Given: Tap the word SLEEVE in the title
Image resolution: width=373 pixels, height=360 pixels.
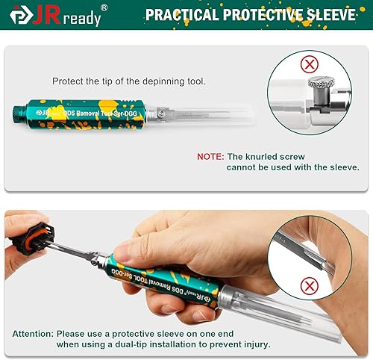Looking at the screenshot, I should [336, 15].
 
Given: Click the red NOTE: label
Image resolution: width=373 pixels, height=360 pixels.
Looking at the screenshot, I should [210, 157].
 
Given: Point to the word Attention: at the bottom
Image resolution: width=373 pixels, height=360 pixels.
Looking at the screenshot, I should [32, 333].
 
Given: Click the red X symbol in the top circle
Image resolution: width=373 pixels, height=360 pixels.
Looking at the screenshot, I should [308, 64].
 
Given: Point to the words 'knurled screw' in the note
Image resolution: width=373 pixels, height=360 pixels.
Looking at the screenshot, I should [280, 157].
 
